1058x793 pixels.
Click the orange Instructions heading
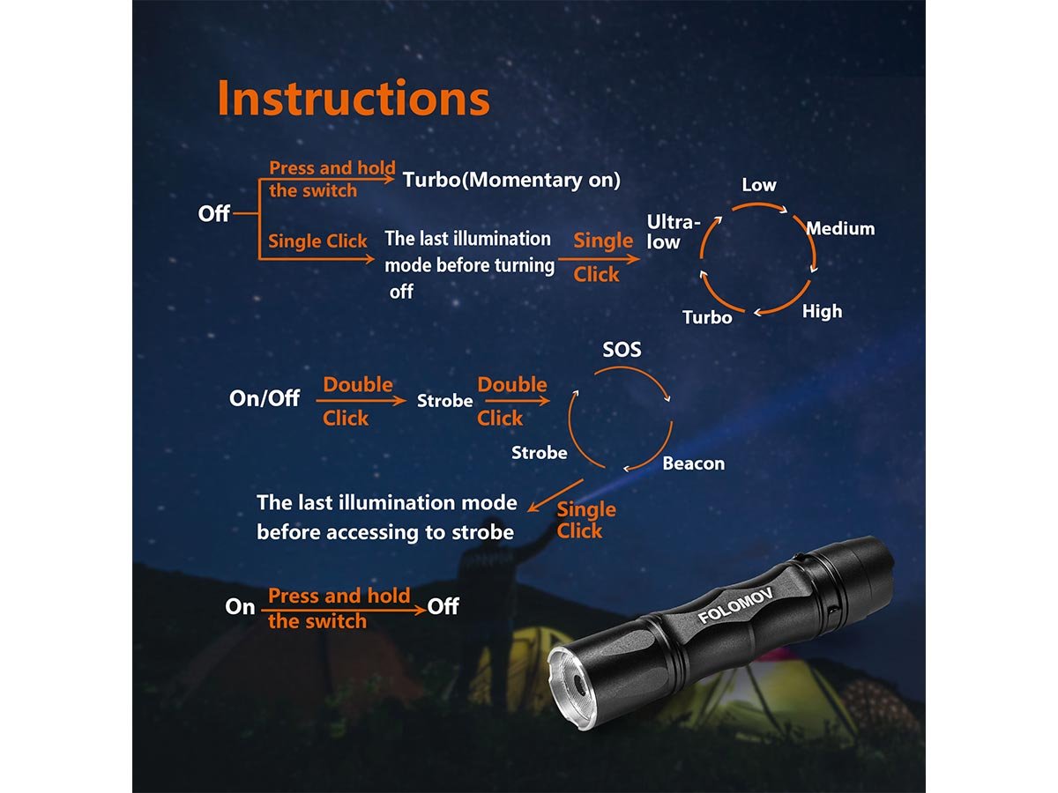354,98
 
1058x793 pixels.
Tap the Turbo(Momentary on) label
512,180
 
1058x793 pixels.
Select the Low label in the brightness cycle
759,185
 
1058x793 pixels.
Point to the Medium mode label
840,228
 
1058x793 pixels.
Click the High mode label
822,312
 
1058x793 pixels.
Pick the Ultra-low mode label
673,232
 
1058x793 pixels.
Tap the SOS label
622,350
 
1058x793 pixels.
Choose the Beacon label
694,463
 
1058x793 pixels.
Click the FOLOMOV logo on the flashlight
735,604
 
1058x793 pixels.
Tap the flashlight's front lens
575,687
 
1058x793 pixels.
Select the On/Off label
264,398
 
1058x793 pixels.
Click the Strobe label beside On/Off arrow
445,401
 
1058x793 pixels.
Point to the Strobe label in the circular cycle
540,453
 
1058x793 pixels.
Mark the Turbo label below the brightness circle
707,317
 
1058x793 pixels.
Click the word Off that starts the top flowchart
214,213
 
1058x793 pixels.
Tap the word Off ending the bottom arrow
443,606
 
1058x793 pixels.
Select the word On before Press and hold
240,607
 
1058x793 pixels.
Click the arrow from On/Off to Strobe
361,401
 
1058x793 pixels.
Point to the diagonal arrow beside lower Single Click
555,495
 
